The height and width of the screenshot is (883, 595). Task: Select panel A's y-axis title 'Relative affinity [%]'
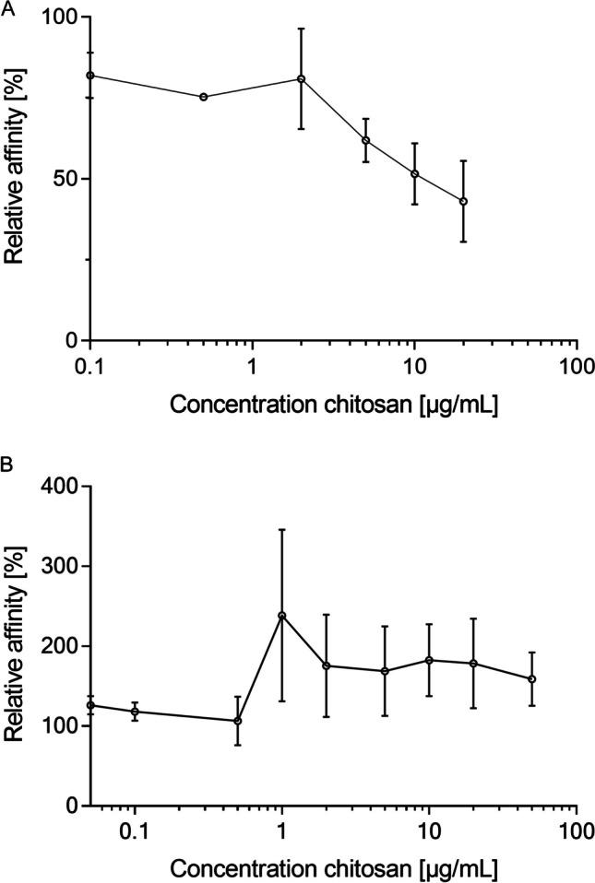click(x=16, y=179)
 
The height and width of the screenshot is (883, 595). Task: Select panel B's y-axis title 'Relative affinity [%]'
click(x=16, y=645)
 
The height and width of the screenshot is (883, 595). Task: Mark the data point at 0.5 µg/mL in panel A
click(x=203, y=97)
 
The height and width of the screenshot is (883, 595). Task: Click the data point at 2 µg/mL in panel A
click(x=301, y=78)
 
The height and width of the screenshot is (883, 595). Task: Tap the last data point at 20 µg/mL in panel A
click(x=463, y=201)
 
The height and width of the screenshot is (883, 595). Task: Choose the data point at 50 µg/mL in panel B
click(x=531, y=679)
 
